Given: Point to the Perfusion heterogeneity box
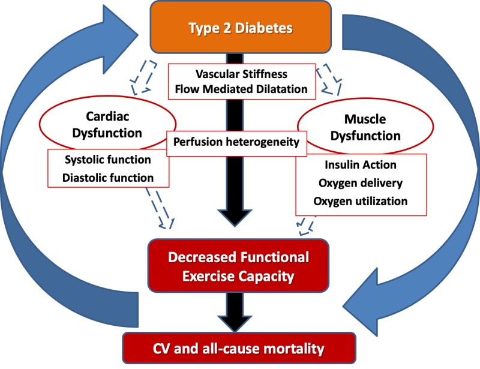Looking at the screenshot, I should [x=236, y=143].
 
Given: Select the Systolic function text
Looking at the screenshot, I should [x=107, y=160].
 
